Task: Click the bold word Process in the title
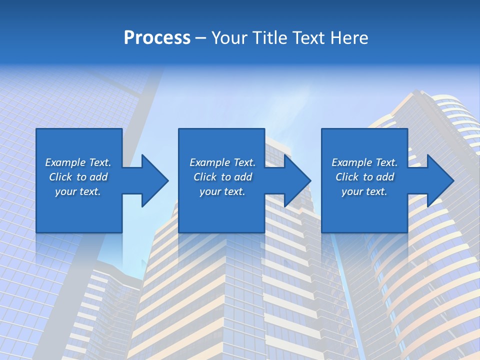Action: point(157,37)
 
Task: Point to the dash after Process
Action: point(200,38)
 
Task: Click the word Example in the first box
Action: point(65,162)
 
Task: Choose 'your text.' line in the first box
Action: point(78,191)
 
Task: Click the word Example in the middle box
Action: point(210,162)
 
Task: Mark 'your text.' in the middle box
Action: point(222,191)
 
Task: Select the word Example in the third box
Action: point(352,162)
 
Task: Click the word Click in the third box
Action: point(347,177)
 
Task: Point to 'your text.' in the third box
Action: point(364,191)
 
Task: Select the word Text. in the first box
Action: point(100,162)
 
